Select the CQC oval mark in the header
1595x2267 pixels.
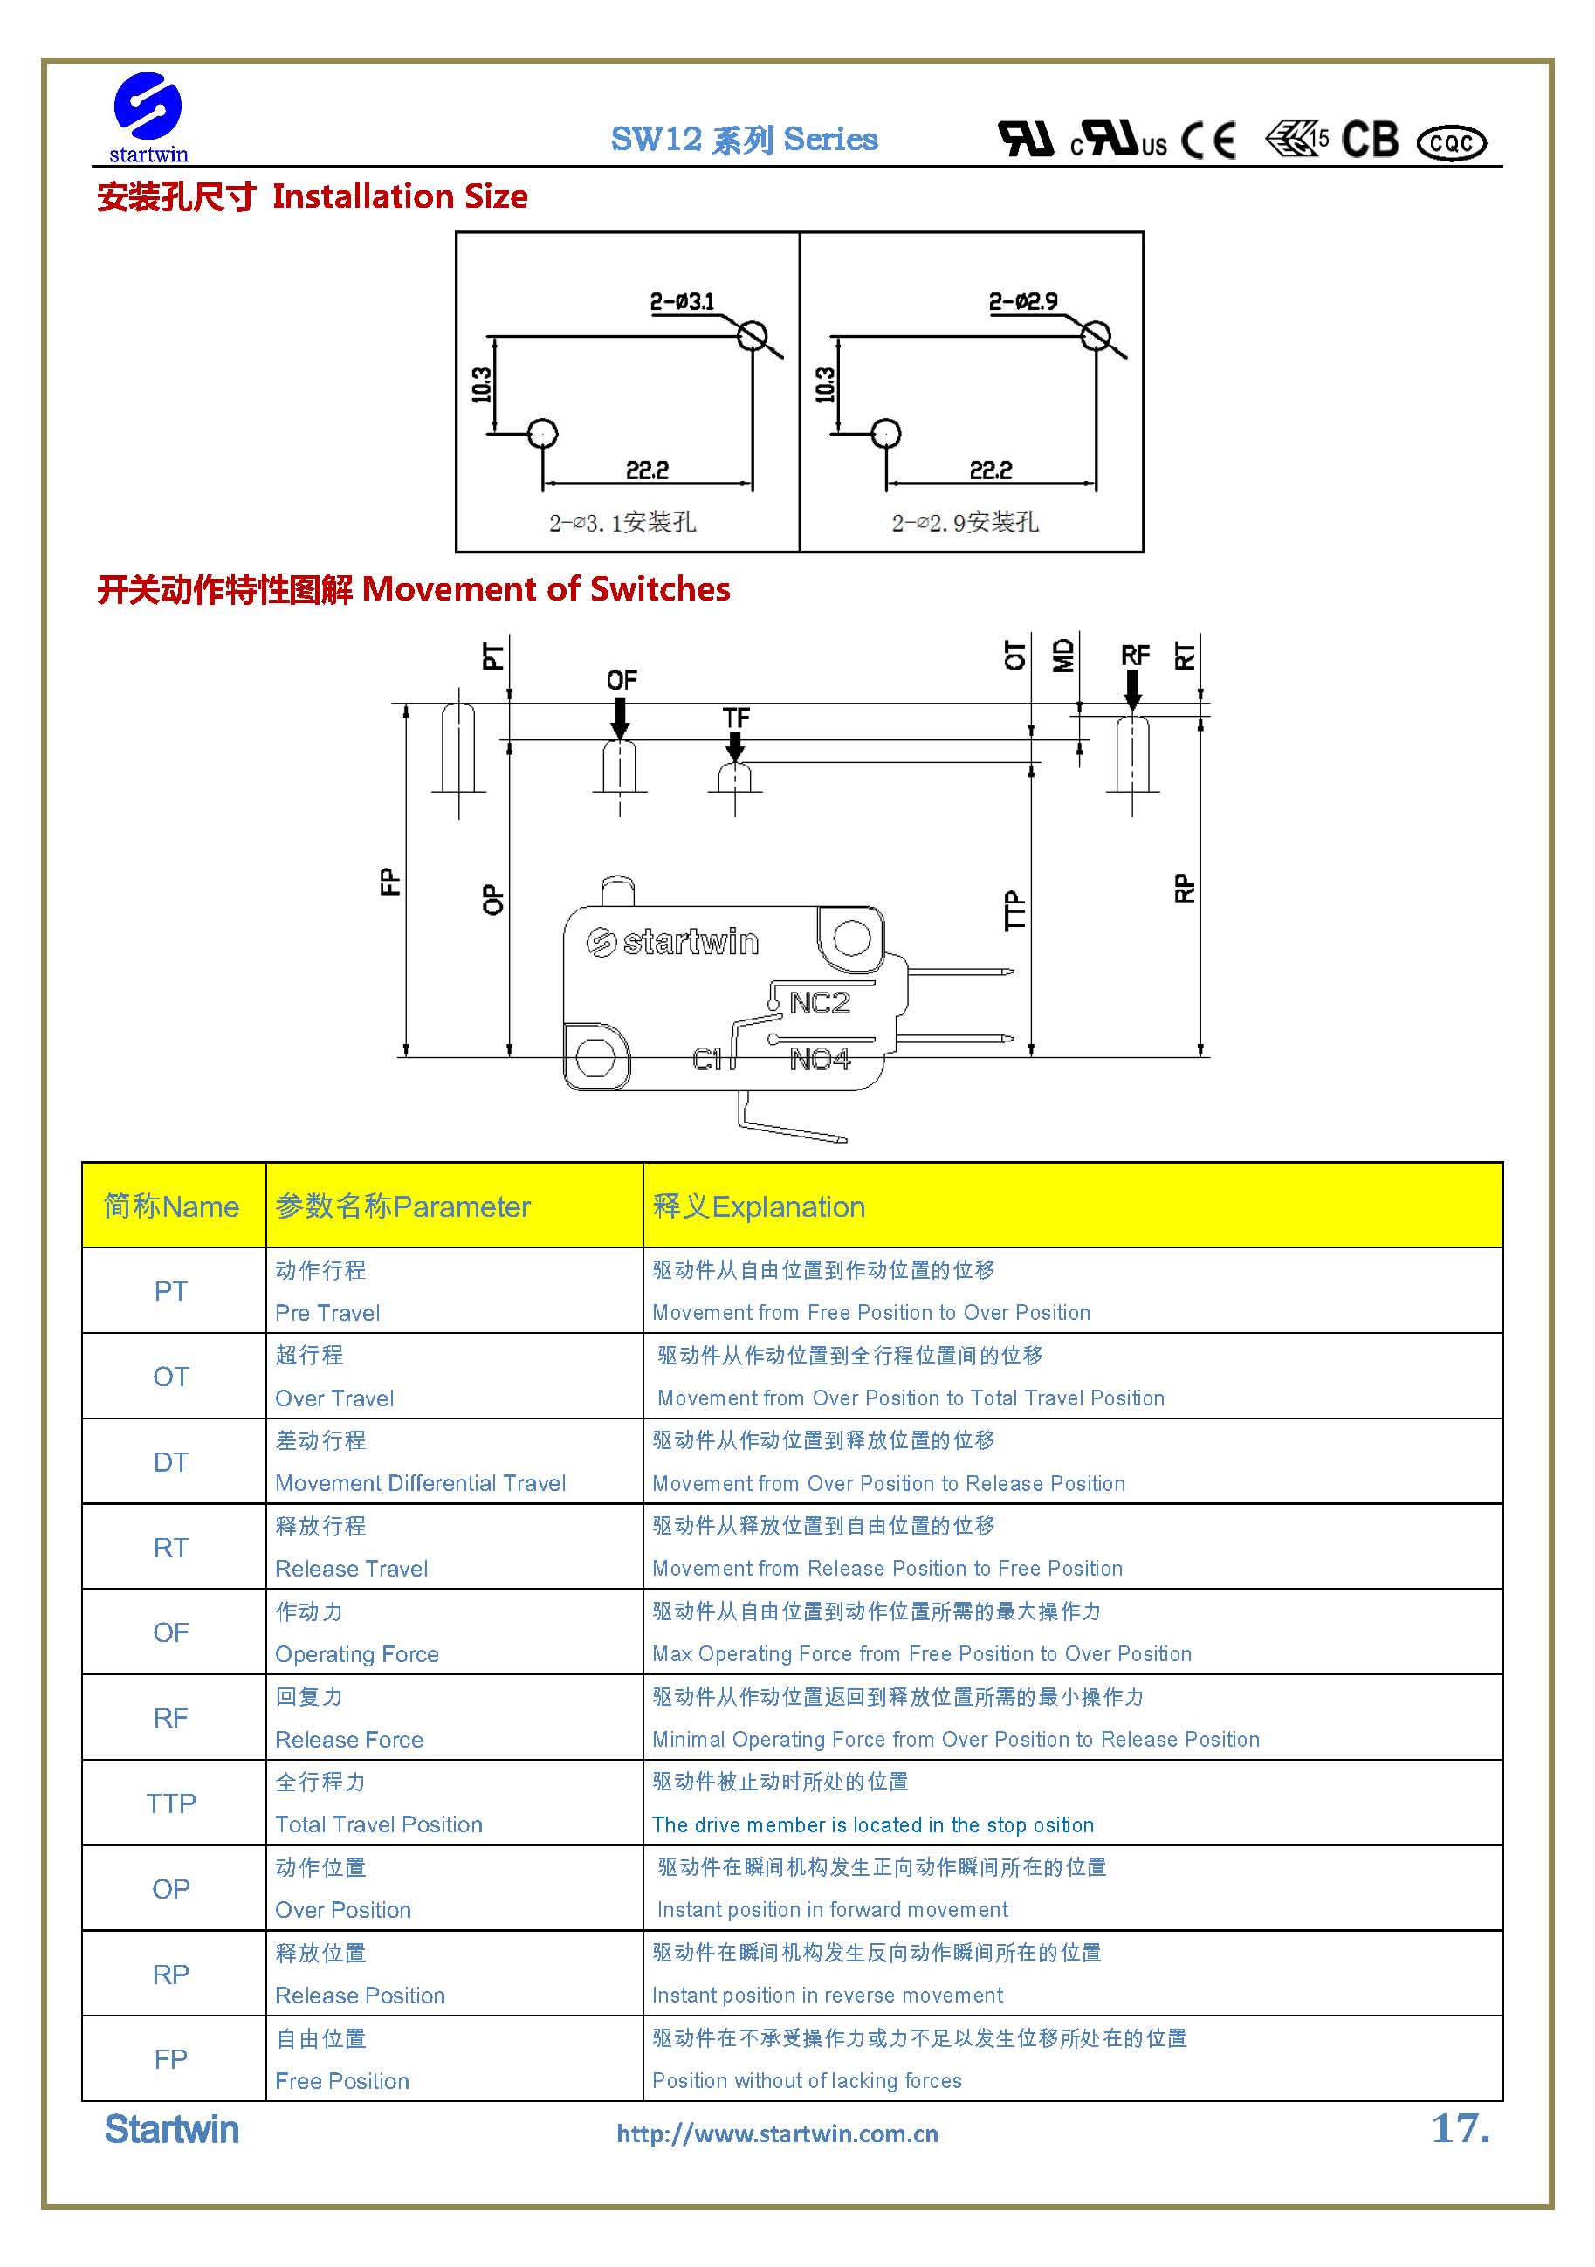click(1451, 143)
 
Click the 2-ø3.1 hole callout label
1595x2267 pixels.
click(682, 301)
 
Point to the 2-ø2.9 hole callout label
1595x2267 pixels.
click(1023, 301)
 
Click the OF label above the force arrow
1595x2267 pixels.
click(622, 679)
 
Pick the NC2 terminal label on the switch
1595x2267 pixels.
click(820, 1003)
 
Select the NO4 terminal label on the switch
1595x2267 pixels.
click(820, 1060)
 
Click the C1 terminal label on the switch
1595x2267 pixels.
click(707, 1060)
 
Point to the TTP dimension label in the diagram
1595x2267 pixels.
click(1014, 910)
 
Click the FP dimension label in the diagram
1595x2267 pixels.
click(390, 881)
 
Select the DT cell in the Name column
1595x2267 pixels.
click(171, 1462)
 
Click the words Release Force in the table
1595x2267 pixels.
click(348, 1740)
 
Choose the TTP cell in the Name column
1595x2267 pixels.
click(171, 1804)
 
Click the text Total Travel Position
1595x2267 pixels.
click(378, 1824)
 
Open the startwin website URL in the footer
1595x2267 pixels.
click(777, 2133)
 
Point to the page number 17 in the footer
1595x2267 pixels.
click(1459, 2129)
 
